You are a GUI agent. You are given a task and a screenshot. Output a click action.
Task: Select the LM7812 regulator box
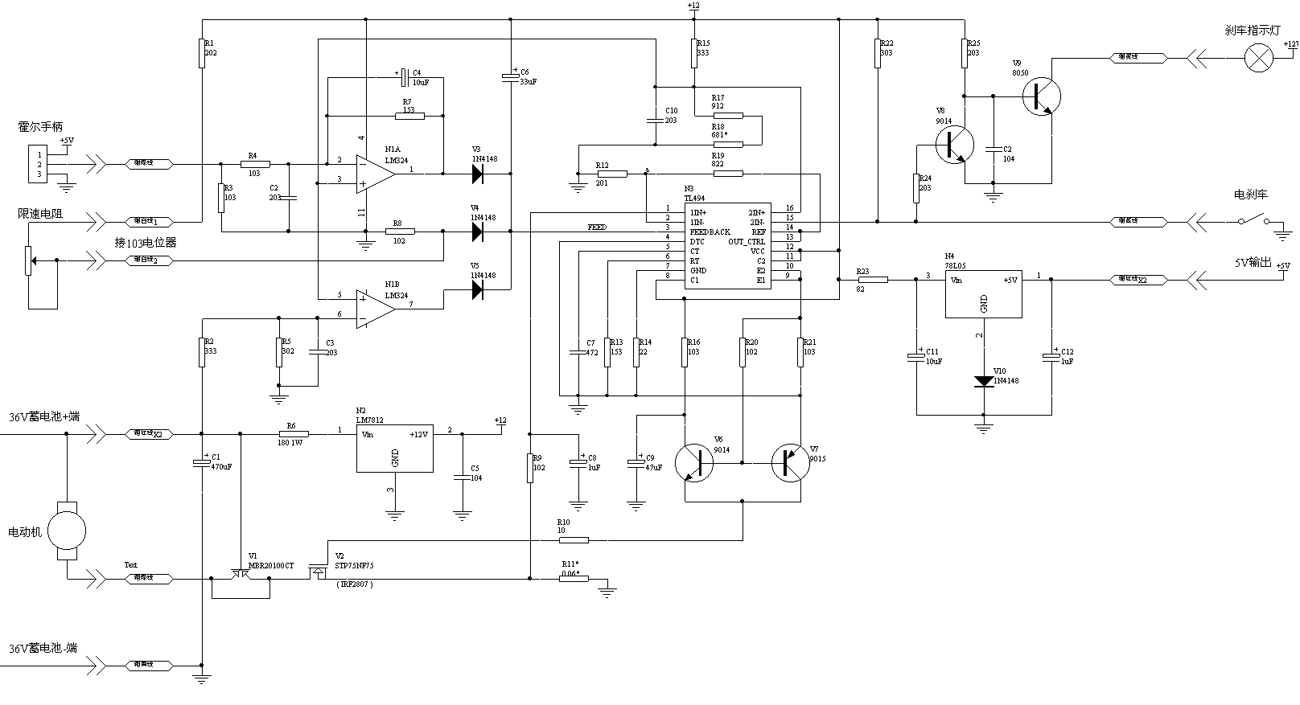pos(394,449)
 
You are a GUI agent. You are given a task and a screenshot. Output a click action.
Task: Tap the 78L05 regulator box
pos(983,293)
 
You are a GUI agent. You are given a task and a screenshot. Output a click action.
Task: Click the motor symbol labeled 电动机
pos(67,531)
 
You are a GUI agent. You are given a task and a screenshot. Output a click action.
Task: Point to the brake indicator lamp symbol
pos(1257,58)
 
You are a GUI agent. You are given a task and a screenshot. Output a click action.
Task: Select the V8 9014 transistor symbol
pos(954,146)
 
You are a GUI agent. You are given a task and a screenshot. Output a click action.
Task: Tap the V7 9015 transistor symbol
pos(790,463)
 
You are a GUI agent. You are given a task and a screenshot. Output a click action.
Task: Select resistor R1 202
pos(201,53)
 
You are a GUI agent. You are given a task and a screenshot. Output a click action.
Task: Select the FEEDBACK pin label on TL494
pos(710,232)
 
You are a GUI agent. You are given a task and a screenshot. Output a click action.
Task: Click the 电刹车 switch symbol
pos(1253,221)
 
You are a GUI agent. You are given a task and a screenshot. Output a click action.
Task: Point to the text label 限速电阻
pos(40,214)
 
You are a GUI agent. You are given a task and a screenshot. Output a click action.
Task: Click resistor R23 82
pos(873,280)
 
